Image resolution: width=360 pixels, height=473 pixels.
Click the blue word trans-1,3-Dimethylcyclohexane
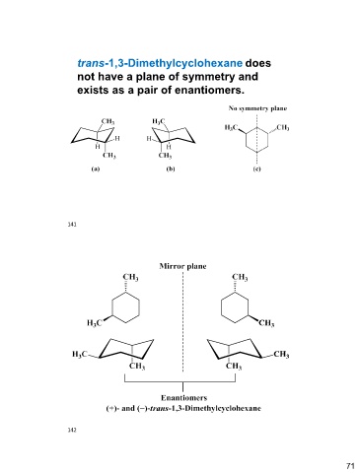point(160,63)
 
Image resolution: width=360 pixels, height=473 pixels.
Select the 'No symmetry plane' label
point(257,108)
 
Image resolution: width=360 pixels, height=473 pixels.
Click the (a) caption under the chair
point(96,169)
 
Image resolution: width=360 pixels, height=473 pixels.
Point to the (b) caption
point(171,169)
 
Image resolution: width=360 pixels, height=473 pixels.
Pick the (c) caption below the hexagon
point(256,169)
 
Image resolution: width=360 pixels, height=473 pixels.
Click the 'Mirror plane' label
point(182,266)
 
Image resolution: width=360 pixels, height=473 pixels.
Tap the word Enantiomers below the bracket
point(183,398)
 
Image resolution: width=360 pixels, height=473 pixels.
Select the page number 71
point(350,466)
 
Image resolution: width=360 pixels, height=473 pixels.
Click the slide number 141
point(72,225)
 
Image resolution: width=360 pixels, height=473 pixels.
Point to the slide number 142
point(72,430)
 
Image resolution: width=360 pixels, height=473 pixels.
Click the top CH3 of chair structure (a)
point(108,121)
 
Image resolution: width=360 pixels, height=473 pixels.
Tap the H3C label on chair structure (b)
point(159,121)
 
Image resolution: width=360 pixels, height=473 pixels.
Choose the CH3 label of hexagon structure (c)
point(283,127)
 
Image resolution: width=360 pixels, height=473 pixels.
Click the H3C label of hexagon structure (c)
point(232,127)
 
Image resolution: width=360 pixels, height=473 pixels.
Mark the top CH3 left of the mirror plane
point(130,277)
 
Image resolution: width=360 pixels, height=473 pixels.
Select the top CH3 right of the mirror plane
point(240,277)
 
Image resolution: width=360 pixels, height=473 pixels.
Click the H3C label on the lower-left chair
point(80,354)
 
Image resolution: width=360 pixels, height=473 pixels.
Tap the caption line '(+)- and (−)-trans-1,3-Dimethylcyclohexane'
point(183,408)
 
